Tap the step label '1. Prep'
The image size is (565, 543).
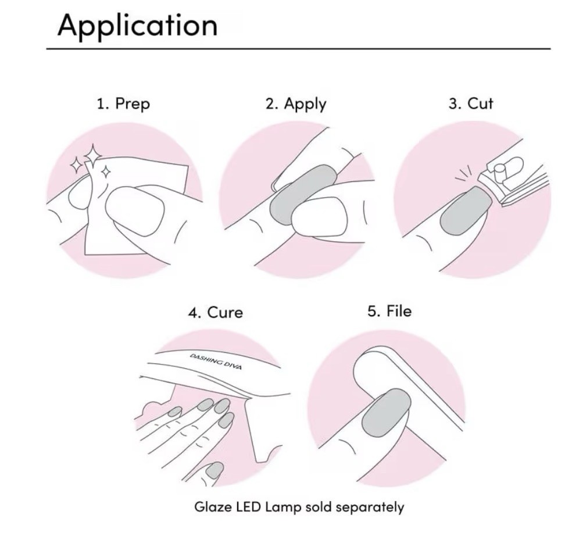coord(123,104)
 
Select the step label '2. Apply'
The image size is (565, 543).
coord(296,104)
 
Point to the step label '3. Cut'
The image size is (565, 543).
coord(471,103)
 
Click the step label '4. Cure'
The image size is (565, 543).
coord(216,312)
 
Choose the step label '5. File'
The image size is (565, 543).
coord(389,311)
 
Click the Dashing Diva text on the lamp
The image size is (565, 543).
coord(216,362)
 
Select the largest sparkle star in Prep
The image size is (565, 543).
coord(92,156)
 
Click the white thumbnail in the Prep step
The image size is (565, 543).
coord(135,211)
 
